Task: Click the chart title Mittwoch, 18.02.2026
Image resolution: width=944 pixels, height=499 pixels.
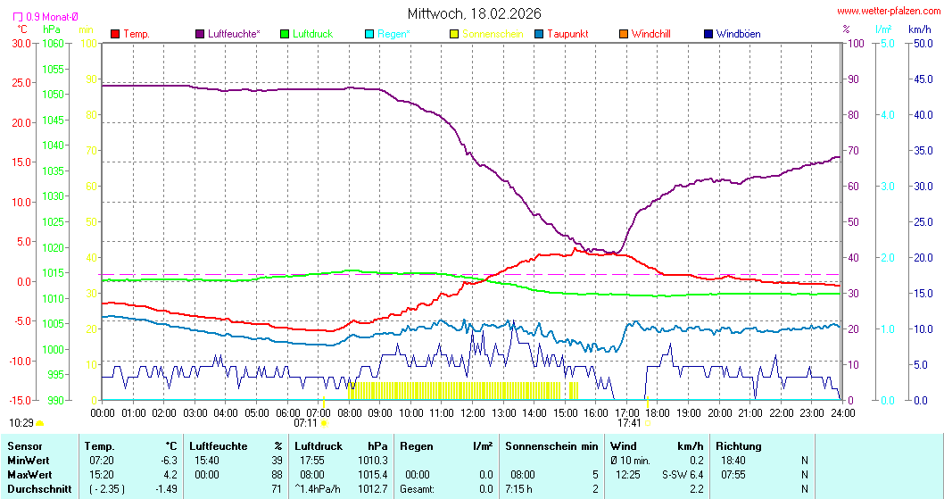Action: [x=473, y=13]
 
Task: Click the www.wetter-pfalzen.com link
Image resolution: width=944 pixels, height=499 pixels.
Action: [x=889, y=12]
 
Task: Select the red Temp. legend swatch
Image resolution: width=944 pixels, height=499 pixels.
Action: [x=115, y=34]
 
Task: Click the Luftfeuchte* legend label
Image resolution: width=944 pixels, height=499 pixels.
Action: [x=234, y=34]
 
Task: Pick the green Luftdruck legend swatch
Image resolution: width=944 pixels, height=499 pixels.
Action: [x=285, y=34]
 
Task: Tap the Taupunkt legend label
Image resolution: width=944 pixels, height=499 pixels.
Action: [x=567, y=34]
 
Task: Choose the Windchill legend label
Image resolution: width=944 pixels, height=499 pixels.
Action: [x=650, y=34]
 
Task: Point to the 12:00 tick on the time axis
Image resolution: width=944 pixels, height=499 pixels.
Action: [x=472, y=412]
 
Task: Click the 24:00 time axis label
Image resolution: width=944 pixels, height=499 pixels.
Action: [x=842, y=412]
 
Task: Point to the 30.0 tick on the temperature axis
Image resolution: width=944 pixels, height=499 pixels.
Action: [x=21, y=43]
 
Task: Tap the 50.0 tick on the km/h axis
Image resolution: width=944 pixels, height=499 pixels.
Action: [x=920, y=43]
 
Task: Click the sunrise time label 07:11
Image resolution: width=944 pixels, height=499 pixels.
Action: [x=306, y=423]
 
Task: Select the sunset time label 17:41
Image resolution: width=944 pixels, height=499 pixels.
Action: [x=630, y=423]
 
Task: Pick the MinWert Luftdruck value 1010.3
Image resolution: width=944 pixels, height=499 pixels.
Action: [x=377, y=459]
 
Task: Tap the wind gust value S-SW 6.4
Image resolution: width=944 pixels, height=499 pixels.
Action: [x=683, y=474]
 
